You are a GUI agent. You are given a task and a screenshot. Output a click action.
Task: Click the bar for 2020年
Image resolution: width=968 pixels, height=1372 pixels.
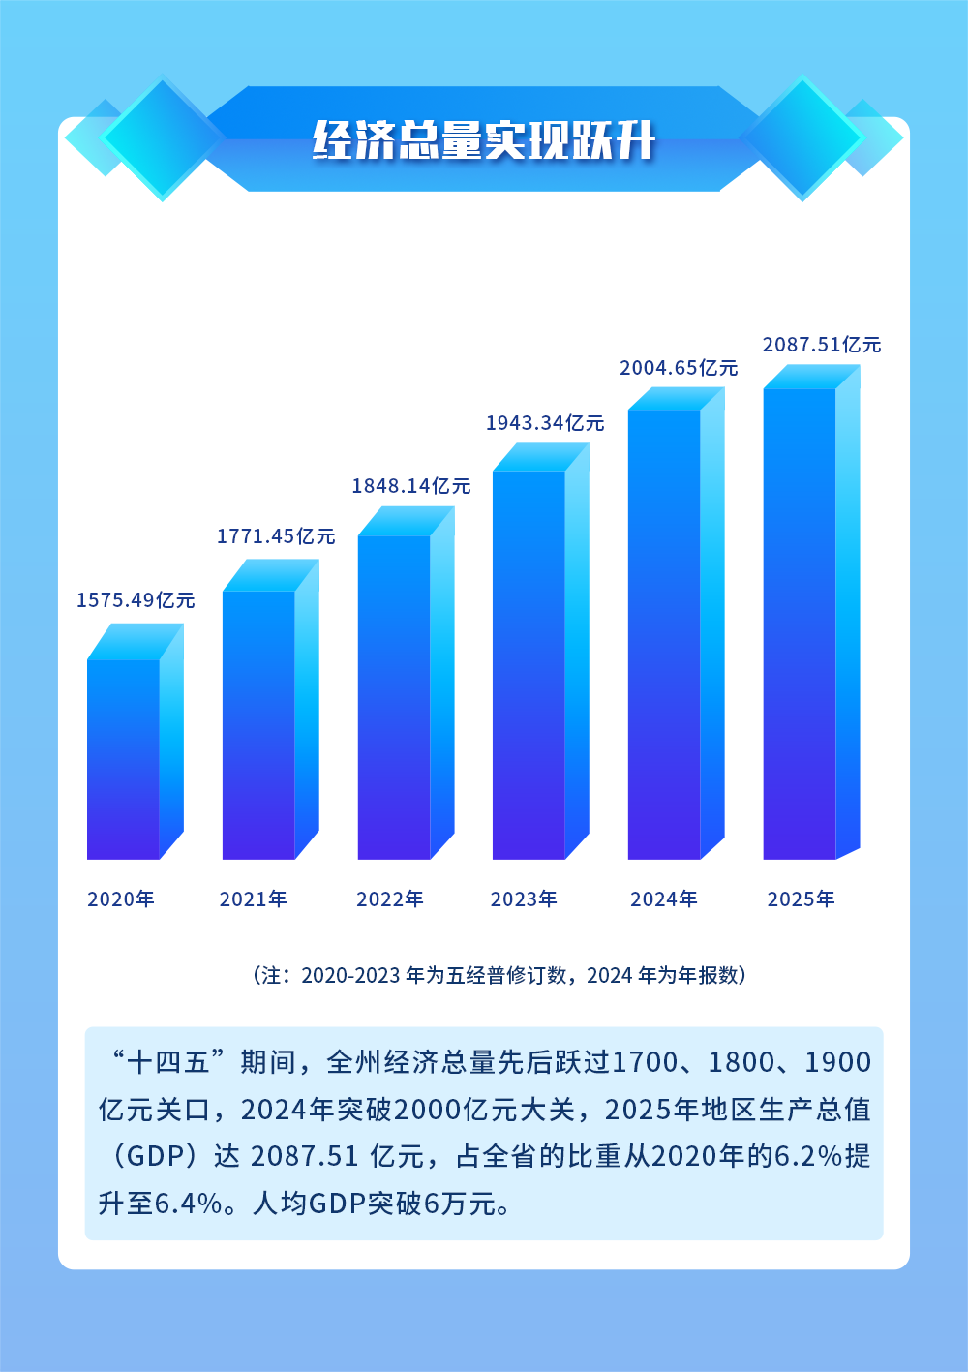click(124, 759)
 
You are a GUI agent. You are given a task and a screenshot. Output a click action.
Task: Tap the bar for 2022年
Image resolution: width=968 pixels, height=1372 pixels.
click(394, 697)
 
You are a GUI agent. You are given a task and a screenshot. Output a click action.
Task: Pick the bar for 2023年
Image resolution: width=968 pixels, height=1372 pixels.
click(529, 664)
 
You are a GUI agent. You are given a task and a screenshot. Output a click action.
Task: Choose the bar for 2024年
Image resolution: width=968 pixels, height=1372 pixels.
click(664, 634)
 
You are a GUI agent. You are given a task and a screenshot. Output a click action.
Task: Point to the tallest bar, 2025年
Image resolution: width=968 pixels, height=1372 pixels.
click(800, 624)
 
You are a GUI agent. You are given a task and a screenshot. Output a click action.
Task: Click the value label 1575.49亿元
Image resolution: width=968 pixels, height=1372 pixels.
click(136, 600)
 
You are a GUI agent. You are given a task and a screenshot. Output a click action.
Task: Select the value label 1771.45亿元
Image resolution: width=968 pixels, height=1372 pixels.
click(276, 536)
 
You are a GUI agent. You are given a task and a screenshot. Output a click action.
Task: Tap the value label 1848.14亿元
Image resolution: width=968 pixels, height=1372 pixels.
click(410, 486)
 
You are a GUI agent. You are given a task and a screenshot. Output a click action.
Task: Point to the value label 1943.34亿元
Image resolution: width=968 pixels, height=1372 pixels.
click(545, 423)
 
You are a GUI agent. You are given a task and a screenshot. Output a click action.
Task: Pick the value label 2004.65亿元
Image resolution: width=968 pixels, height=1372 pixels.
click(679, 368)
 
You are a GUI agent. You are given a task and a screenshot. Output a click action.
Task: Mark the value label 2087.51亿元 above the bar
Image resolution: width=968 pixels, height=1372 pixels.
click(822, 345)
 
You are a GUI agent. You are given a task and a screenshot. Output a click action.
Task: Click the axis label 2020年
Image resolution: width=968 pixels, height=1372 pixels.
click(121, 899)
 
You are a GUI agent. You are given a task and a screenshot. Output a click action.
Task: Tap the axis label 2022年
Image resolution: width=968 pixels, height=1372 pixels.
click(390, 899)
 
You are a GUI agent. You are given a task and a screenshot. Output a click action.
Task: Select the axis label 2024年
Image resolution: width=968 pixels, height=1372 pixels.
click(664, 899)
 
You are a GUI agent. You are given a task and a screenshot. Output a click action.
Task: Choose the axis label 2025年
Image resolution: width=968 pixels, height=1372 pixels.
click(801, 899)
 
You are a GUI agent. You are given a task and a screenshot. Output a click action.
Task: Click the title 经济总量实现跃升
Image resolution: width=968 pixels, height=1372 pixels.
click(484, 141)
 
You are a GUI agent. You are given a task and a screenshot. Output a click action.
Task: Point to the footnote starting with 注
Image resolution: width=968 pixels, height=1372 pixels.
click(499, 975)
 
